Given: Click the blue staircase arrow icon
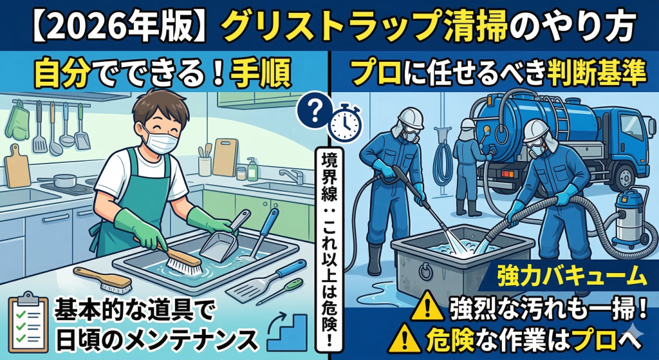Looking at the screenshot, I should (287, 327).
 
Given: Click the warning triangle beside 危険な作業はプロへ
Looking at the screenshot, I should (412, 336).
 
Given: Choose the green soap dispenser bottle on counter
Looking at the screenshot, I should (252, 169).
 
